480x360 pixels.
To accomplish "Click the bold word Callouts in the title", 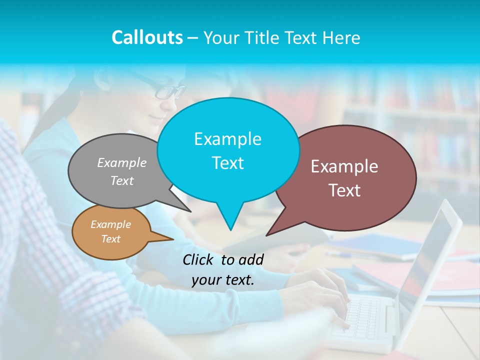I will pos(147,37).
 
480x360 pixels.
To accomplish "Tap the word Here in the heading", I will pos(342,38).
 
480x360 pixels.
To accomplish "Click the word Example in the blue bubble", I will pos(227,139).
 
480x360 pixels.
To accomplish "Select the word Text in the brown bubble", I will pos(345,190).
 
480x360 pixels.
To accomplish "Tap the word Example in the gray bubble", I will pos(122,162).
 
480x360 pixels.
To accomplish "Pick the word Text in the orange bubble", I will pos(111,239).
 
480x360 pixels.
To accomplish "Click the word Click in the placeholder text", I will pos(199,259).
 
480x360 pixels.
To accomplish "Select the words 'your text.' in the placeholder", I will pos(223,280).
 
